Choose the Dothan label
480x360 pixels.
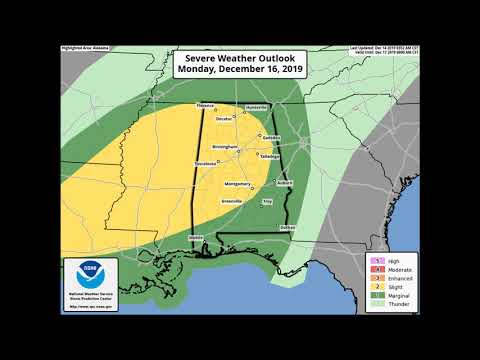[287, 228]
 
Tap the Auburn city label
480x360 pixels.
[284, 183]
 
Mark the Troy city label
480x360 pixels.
[267, 202]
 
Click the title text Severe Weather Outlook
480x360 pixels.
[239, 59]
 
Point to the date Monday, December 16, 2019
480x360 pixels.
[239, 71]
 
